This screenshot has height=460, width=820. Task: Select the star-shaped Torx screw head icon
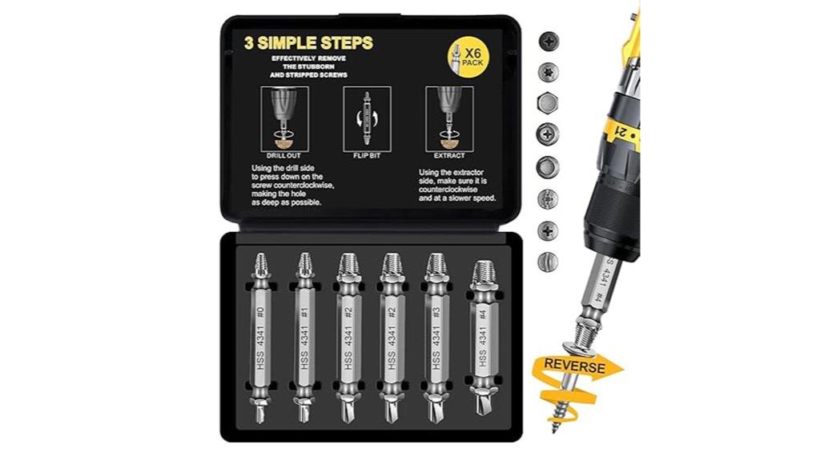pyautogui.click(x=549, y=71)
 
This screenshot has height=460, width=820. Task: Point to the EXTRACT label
pyautogui.click(x=449, y=154)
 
